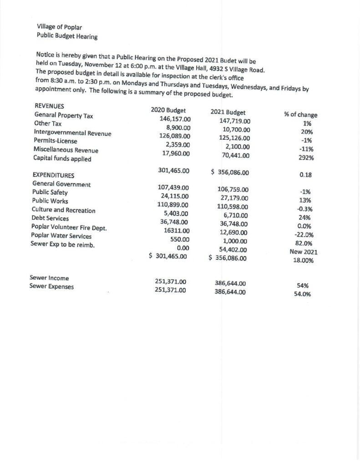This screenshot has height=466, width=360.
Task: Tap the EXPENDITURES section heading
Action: [x=54, y=175]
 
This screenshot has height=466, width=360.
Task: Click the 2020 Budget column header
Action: [x=168, y=110]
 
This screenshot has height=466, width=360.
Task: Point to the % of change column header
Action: [x=300, y=115]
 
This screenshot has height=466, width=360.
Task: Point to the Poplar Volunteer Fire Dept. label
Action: [x=69, y=227]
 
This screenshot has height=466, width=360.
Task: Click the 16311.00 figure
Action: [x=173, y=231]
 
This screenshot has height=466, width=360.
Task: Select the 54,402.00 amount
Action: [x=232, y=249]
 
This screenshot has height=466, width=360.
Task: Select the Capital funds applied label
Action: [x=62, y=159]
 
